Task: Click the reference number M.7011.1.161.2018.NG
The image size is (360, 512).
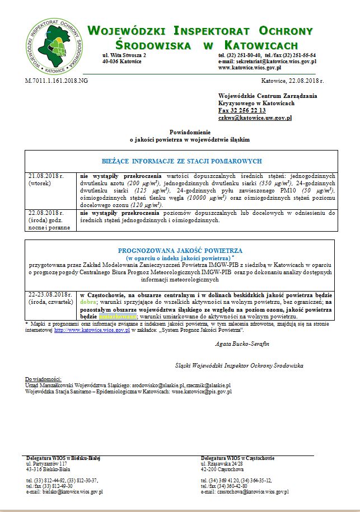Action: coord(57,81)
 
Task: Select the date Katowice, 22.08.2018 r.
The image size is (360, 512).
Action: coord(293,81)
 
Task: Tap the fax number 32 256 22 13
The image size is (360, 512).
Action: coord(242,111)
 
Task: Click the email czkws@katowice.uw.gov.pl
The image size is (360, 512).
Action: coord(255,118)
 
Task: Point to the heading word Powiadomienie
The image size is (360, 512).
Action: coord(181,130)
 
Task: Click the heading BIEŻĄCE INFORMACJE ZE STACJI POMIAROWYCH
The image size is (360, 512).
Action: coord(181,161)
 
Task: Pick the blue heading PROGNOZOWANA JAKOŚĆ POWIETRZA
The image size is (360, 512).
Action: coord(180,251)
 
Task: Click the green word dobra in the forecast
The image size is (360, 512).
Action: coord(88,302)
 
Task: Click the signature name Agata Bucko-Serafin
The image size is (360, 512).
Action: coord(242,344)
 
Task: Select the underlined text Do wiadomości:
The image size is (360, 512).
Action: coord(44,379)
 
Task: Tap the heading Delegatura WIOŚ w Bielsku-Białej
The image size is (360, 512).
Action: coord(63,458)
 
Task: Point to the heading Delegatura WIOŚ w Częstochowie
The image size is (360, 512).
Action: coord(237,458)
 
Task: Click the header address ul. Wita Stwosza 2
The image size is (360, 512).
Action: coord(124,55)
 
